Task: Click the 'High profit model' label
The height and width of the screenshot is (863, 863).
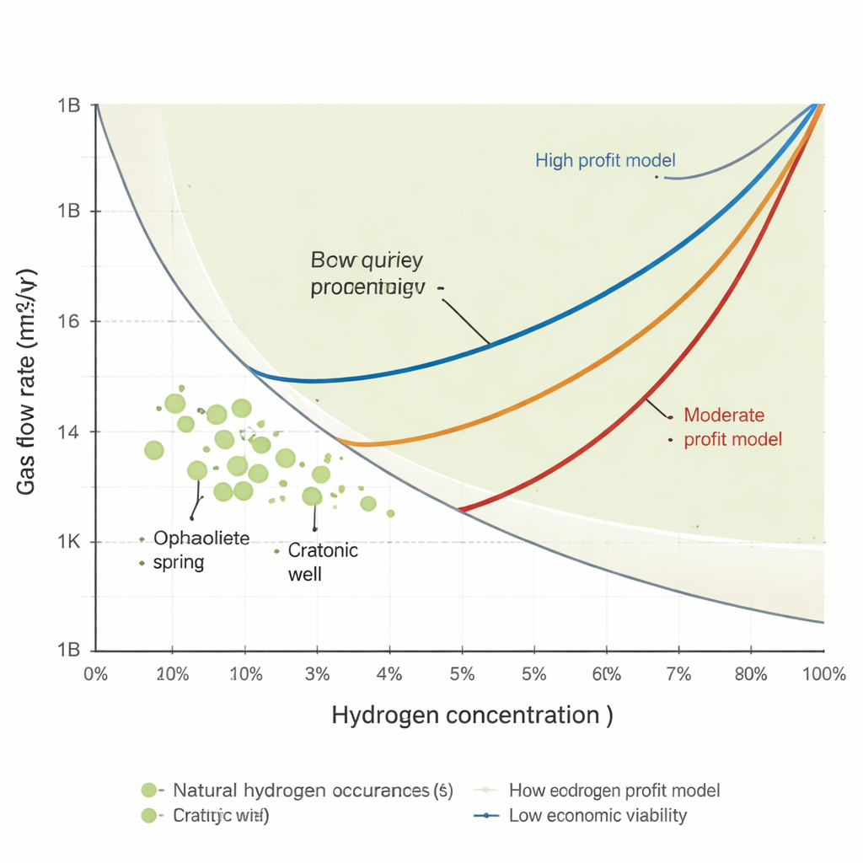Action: [x=605, y=160]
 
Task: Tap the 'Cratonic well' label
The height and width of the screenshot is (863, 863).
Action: [x=322, y=562]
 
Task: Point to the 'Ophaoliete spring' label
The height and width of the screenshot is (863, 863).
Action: [x=201, y=549]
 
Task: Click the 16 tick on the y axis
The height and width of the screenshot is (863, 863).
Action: [x=68, y=321]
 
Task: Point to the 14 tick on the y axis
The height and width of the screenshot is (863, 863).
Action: [x=68, y=431]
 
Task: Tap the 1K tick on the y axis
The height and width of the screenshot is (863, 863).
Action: [x=68, y=541]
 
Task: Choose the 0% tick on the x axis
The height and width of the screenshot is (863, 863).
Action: [x=95, y=674]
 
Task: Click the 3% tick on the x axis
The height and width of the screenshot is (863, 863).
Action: [x=317, y=674]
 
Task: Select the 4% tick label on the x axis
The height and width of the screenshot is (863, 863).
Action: [x=389, y=674]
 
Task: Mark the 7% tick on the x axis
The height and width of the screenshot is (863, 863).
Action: [x=678, y=674]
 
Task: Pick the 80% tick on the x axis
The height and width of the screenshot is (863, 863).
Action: [x=750, y=674]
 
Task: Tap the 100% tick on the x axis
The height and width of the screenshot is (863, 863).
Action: [x=823, y=674]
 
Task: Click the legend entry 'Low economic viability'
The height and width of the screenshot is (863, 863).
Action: [x=598, y=815]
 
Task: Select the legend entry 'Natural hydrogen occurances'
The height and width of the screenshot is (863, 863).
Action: [x=312, y=791]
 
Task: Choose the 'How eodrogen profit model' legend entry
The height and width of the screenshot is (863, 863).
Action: [x=614, y=791]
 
